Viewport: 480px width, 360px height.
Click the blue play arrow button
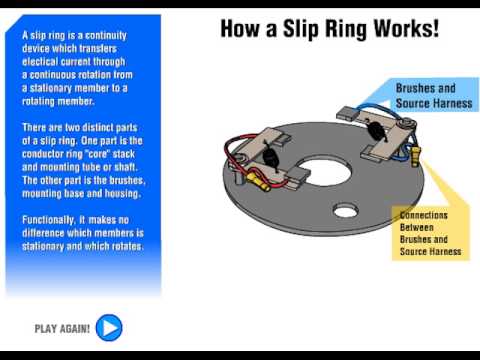109,327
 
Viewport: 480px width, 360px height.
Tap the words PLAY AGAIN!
62,328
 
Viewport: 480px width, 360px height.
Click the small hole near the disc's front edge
345,211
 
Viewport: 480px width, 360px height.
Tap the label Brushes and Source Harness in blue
425,95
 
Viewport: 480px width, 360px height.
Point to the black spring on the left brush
269,157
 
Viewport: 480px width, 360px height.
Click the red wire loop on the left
236,160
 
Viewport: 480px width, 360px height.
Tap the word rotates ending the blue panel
130,245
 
